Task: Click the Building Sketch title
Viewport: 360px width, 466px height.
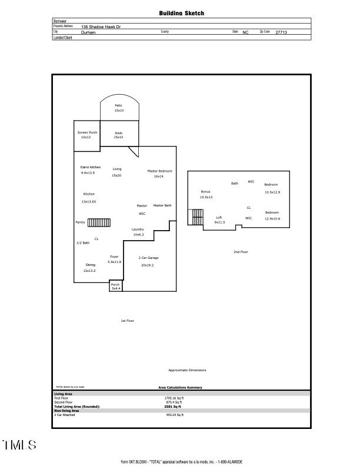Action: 182,13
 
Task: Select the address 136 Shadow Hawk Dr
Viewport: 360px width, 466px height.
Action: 101,27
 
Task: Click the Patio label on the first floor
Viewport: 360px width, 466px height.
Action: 119,105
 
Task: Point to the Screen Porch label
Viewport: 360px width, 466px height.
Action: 87,132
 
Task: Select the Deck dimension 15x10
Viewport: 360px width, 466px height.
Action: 119,137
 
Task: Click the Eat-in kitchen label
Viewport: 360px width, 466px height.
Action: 91,167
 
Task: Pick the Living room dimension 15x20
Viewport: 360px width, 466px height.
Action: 116,175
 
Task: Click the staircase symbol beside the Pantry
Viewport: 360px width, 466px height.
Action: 100,222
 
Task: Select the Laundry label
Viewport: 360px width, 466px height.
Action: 138,229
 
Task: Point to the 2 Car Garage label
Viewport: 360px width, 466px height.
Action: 148,258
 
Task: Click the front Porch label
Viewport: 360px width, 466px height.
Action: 115,284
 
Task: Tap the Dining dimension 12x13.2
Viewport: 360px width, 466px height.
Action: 89,271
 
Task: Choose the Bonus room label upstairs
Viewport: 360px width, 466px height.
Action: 205,192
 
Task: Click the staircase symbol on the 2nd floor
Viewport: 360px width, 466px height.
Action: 195,217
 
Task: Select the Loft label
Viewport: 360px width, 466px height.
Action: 219,218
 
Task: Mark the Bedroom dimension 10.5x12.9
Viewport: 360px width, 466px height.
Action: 272,192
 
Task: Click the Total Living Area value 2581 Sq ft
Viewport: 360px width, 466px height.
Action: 172,407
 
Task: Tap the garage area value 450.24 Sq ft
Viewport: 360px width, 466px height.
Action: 175,415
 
